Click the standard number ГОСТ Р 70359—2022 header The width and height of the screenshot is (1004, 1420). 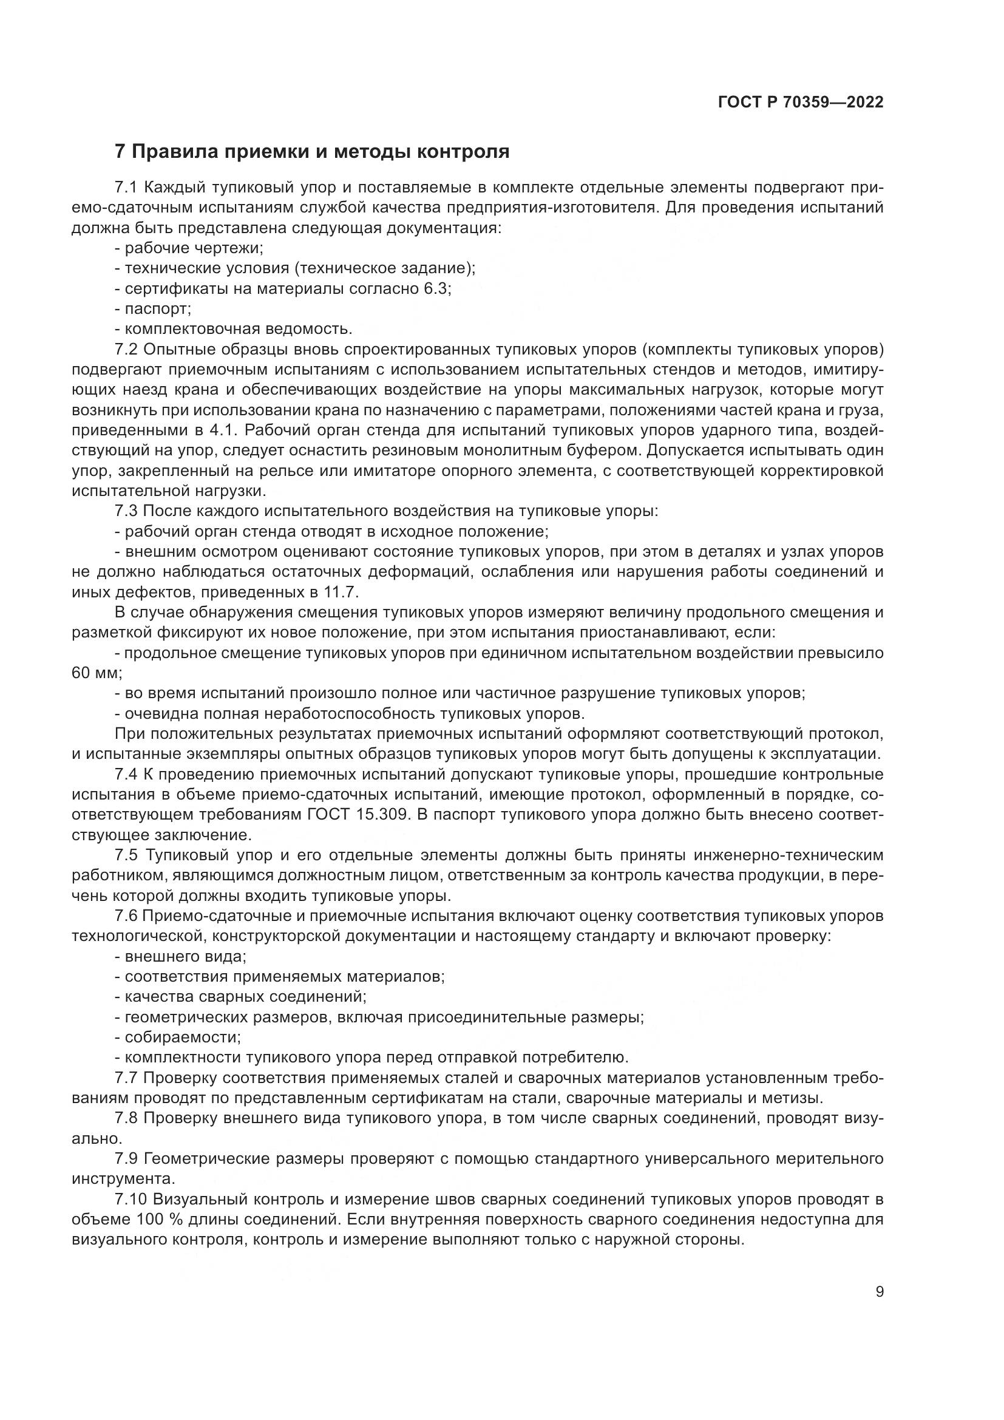(x=801, y=103)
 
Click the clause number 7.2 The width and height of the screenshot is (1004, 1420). (x=126, y=350)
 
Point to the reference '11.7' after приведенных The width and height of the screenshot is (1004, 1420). (x=340, y=592)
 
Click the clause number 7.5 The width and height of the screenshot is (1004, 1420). (x=126, y=855)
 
